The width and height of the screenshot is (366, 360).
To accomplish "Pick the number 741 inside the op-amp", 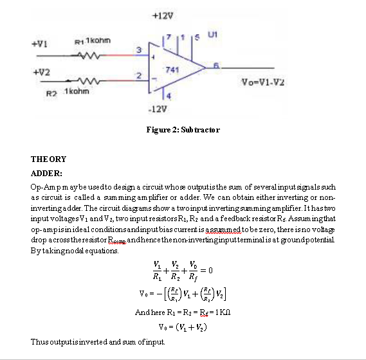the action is point(172,68).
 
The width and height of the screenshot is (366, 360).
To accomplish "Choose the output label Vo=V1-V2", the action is point(262,82).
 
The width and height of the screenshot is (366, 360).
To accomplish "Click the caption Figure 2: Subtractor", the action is point(183,130).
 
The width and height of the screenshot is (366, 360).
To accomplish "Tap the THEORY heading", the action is point(49,159).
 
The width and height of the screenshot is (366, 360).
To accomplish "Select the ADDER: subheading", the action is point(47,173).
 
